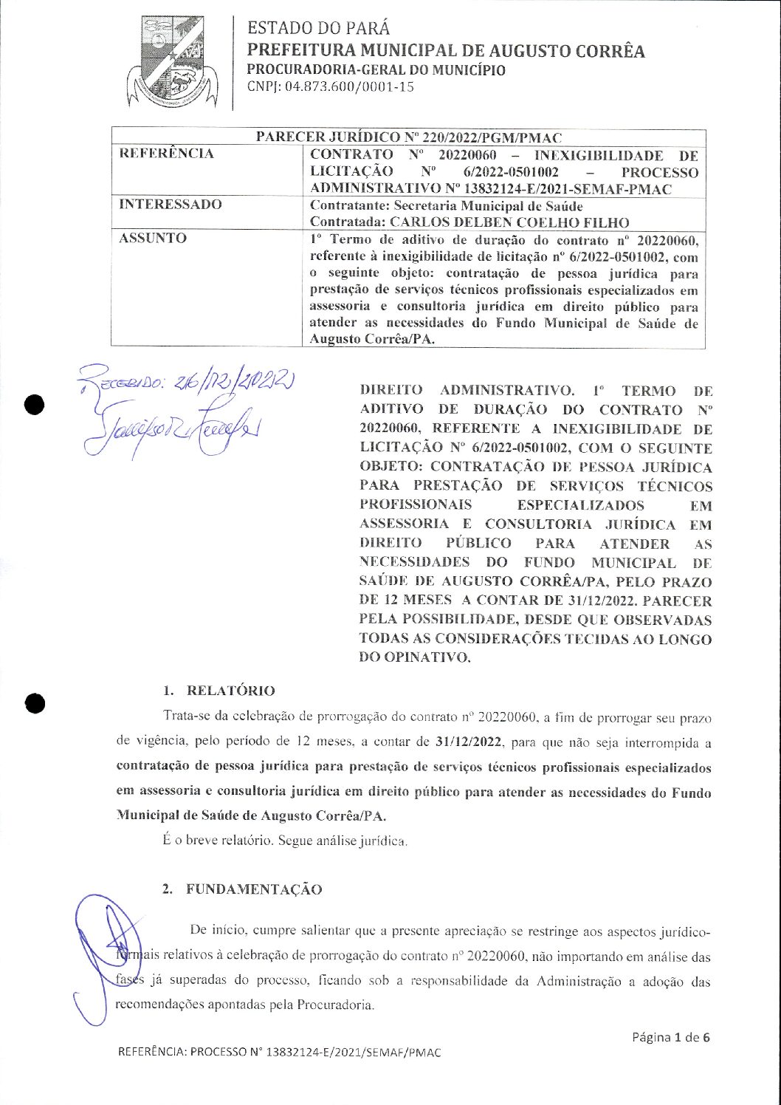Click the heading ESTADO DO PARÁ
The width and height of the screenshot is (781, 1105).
pyautogui.click(x=318, y=28)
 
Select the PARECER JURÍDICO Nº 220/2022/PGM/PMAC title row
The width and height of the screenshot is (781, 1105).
pyautogui.click(x=408, y=137)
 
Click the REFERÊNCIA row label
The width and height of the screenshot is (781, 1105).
pyautogui.click(x=167, y=154)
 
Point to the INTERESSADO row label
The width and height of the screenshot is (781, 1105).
pyautogui.click(x=171, y=205)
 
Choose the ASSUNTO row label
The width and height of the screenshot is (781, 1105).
pyautogui.click(x=153, y=238)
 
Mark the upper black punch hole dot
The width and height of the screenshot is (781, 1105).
pyautogui.click(x=35, y=404)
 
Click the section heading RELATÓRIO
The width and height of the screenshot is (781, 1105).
pyautogui.click(x=230, y=691)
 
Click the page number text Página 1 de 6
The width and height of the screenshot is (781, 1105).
pyautogui.click(x=670, y=1037)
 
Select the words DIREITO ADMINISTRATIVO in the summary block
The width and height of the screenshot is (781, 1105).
pyautogui.click(x=466, y=390)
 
